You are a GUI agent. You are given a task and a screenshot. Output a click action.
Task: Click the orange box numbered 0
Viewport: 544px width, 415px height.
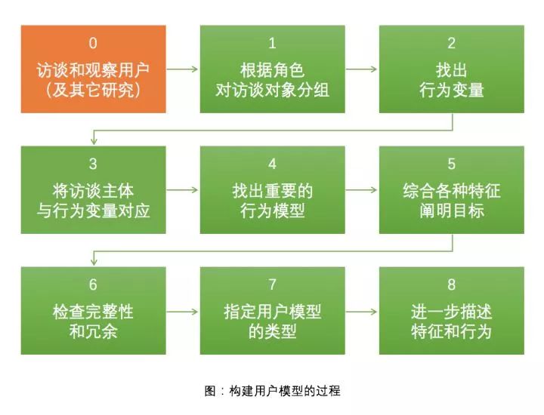pyautogui.click(x=94, y=69)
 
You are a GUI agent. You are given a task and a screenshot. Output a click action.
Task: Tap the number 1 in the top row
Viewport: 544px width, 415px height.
pyautogui.click(x=272, y=43)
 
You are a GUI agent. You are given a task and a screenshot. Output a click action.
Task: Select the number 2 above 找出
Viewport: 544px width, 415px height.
pyautogui.click(x=451, y=43)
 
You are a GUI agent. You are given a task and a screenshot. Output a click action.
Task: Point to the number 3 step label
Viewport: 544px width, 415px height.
pyautogui.click(x=93, y=164)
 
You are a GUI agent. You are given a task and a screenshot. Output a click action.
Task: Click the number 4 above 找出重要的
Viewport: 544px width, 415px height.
pyautogui.click(x=272, y=164)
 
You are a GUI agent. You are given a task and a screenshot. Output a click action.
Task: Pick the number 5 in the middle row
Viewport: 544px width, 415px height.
pyautogui.click(x=451, y=164)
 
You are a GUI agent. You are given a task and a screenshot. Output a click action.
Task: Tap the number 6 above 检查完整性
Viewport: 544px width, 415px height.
pyautogui.click(x=93, y=284)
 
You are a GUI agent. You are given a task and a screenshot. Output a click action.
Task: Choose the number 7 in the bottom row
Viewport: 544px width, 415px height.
pyautogui.click(x=272, y=284)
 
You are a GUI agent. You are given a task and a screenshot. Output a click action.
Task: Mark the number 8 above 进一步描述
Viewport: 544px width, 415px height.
pyautogui.click(x=451, y=284)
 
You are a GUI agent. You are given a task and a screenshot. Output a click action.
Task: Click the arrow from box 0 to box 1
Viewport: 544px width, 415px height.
pyautogui.click(x=183, y=69)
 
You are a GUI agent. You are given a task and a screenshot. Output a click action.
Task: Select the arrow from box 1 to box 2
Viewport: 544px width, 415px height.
pyautogui.click(x=361, y=69)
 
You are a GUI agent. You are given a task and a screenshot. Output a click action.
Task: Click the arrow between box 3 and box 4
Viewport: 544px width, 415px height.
pyautogui.click(x=183, y=190)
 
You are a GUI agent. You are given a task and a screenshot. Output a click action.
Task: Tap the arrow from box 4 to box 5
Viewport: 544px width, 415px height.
pyautogui.click(x=361, y=190)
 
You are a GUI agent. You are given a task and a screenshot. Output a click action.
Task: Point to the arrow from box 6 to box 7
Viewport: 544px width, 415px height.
pyautogui.click(x=183, y=312)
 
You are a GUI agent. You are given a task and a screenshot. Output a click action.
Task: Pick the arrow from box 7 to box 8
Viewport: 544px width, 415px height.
pyautogui.click(x=361, y=312)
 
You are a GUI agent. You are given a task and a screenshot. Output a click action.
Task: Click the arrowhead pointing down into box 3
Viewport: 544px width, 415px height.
pyautogui.click(x=94, y=141)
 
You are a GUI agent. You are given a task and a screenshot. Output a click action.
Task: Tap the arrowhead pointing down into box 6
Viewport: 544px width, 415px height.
pyautogui.click(x=94, y=262)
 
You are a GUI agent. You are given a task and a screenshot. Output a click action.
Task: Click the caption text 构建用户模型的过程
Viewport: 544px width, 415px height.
pyautogui.click(x=285, y=391)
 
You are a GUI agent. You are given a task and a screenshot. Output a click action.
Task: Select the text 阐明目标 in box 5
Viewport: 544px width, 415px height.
pyautogui.click(x=451, y=211)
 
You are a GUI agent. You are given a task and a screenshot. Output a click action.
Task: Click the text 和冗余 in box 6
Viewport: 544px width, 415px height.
pyautogui.click(x=93, y=331)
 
